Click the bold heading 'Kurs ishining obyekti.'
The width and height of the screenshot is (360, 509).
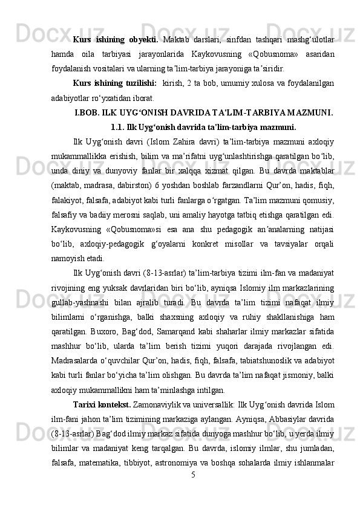coord(116,40)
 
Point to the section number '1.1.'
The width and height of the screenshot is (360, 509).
coord(119,127)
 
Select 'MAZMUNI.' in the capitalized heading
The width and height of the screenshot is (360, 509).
coord(309,111)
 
